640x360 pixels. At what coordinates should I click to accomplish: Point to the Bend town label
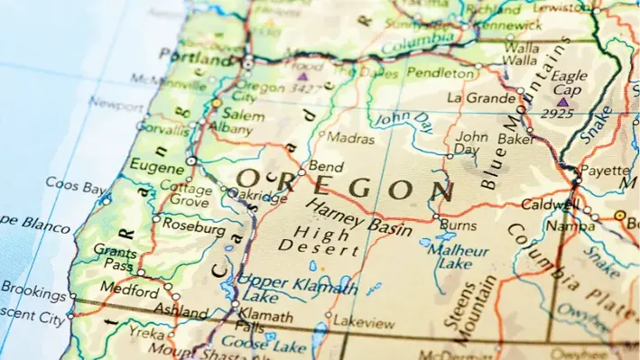325,166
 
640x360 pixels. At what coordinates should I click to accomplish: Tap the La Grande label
480,97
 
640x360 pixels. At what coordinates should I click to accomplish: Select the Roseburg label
193,229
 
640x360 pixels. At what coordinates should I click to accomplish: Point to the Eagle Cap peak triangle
563,102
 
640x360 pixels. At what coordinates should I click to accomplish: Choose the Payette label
604,170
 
